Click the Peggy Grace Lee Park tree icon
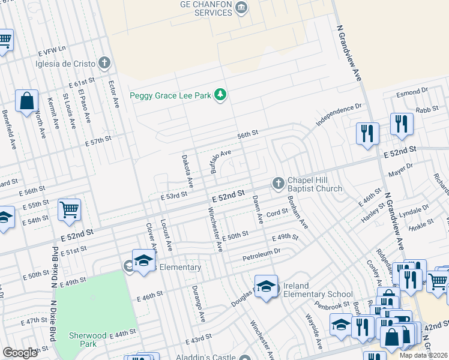click(x=221, y=95)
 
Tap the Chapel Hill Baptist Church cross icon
click(x=277, y=184)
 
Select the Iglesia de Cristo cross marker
click(x=104, y=62)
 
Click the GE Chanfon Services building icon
click(x=241, y=7)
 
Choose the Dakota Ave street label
click(x=187, y=170)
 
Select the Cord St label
click(x=277, y=213)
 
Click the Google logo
click(x=20, y=353)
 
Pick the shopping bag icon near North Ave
click(x=27, y=101)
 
